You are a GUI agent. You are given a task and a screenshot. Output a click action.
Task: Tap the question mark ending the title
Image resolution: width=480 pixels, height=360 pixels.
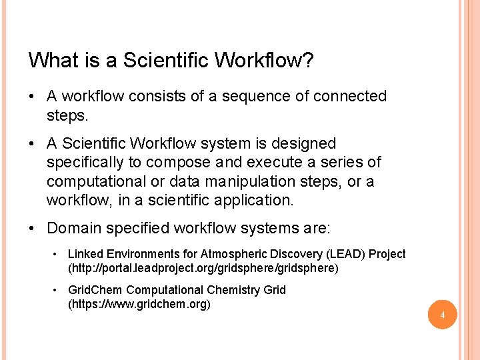click(x=309, y=61)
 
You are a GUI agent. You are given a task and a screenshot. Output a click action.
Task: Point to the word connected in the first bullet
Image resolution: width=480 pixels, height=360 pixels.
click(x=349, y=96)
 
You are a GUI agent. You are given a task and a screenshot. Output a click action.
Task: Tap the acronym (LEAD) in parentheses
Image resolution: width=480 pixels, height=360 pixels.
click(x=345, y=254)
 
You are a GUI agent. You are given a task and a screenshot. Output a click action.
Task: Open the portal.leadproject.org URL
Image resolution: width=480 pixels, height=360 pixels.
click(x=203, y=268)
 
